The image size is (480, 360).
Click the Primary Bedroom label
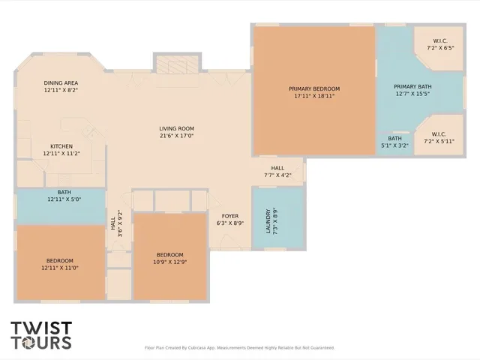pos(314,88)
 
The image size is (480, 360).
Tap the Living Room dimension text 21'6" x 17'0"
pos(176,136)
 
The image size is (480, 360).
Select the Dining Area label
pos(61,82)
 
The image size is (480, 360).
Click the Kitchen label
pos(61,146)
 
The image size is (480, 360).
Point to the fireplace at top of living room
pos(177,65)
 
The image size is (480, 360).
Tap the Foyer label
pos(229,216)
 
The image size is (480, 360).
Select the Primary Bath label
pos(412,86)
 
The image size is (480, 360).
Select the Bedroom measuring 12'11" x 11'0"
pos(59,264)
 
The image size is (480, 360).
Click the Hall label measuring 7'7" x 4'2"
pos(277,172)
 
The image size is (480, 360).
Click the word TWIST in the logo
pos(41,328)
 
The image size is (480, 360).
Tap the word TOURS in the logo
pos(41,343)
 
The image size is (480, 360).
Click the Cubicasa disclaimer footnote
pos(239,347)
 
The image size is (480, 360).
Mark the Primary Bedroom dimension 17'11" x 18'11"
pos(314,96)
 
